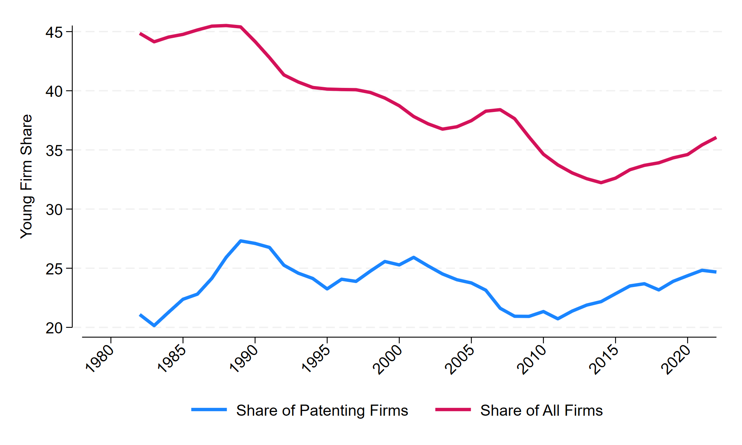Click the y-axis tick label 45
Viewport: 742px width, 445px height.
click(x=54, y=32)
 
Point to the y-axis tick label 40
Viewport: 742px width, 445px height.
click(x=54, y=91)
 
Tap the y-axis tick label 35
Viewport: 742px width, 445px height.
click(x=54, y=151)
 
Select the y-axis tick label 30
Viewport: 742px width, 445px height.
click(x=54, y=210)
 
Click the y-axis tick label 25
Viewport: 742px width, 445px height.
click(x=54, y=269)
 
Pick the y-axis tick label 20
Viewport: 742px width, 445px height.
click(x=54, y=328)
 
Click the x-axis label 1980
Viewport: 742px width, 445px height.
click(x=99, y=359)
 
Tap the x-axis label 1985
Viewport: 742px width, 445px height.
click(x=171, y=359)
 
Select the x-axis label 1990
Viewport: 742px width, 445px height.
click(x=244, y=359)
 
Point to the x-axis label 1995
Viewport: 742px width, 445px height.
click(x=316, y=359)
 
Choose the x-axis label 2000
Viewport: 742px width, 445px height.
click(x=388, y=359)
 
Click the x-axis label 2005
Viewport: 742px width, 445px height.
click(x=460, y=359)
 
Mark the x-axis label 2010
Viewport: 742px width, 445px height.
click(x=532, y=359)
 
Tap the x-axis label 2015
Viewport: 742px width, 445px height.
click(x=604, y=359)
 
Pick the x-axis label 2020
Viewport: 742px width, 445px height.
click(x=676, y=359)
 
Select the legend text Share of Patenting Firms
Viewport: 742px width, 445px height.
click(x=322, y=411)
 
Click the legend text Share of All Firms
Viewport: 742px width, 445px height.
click(x=541, y=411)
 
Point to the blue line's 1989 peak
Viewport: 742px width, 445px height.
click(x=241, y=241)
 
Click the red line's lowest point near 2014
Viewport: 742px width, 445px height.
click(x=601, y=182)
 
